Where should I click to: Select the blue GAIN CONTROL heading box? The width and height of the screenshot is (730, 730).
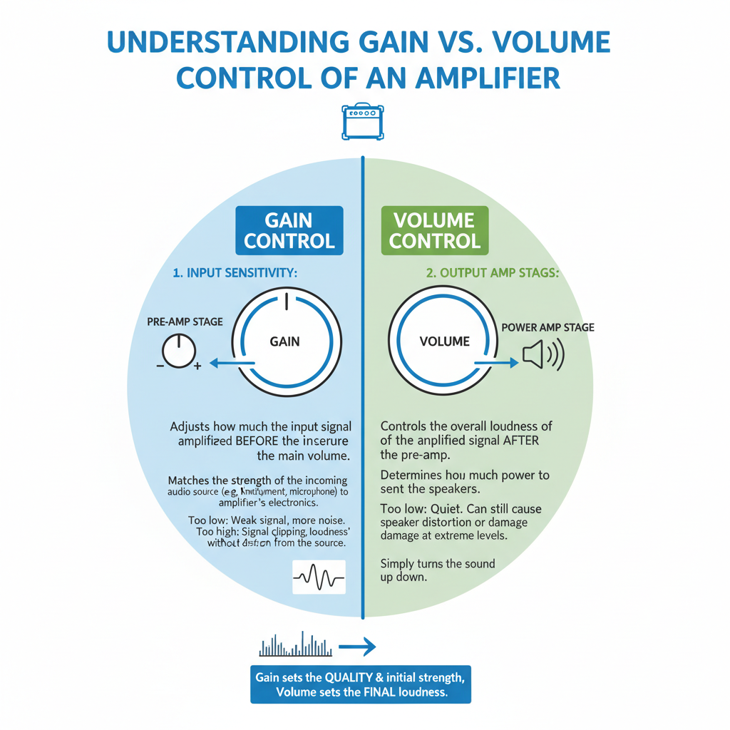289,230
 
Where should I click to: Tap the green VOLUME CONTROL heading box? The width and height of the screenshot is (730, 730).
435,230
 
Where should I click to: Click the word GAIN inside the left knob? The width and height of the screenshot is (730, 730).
284,341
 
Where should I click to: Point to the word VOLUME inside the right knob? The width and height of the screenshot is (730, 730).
445,341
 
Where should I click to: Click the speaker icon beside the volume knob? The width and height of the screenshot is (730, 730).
542,354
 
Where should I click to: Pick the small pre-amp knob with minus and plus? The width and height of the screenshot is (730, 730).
178,352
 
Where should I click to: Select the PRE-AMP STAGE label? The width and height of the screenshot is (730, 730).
185,322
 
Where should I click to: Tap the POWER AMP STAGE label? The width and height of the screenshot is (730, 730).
547,328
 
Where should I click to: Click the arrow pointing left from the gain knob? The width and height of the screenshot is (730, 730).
232,364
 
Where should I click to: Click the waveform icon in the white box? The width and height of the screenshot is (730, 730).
319,577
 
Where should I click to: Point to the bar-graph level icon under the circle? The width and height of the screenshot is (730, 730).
293,645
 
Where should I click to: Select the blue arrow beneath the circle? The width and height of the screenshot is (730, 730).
356,647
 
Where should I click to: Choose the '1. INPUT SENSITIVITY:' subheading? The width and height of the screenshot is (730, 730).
235,273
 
